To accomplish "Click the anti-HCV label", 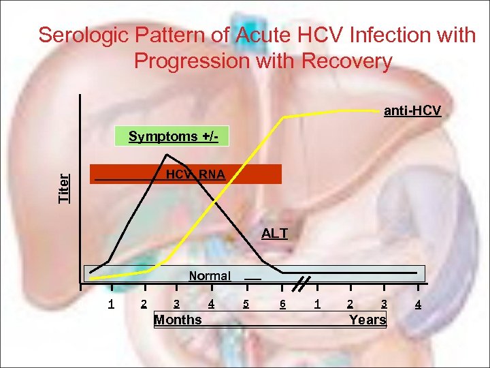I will point(412,110).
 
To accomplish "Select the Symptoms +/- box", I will point(174,136).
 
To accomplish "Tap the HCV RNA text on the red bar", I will point(195,175).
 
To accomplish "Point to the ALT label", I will point(274,234).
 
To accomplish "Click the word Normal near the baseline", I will point(210,276).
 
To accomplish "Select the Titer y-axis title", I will point(64,187).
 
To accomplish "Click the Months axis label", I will point(178,320).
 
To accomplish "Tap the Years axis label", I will point(367,320).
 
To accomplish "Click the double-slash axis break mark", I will point(304,283).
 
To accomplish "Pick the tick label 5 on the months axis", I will point(246,304).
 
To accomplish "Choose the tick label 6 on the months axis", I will point(282,304).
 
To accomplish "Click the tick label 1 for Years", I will point(317,304).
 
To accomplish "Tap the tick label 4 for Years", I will point(418,304).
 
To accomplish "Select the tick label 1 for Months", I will point(111,304).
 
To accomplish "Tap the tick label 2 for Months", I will point(143,304).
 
